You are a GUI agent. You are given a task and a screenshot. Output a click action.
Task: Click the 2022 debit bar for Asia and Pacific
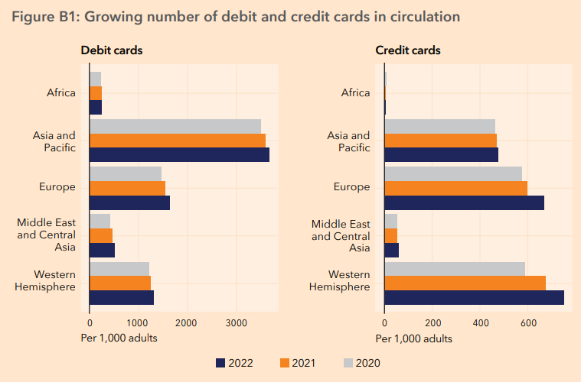(179, 155)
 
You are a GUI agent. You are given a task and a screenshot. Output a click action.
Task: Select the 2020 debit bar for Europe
(126, 173)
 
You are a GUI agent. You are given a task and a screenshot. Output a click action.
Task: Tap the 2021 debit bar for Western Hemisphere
(120, 283)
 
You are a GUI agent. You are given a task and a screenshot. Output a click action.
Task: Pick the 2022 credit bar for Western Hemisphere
(474, 297)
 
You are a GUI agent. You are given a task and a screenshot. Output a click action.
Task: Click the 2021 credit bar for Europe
(455, 188)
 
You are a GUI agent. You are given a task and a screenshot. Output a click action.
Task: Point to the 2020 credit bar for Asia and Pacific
(439, 126)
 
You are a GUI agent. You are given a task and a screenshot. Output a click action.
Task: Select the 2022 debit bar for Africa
(96, 107)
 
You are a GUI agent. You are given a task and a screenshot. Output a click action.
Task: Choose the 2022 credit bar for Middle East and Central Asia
(391, 250)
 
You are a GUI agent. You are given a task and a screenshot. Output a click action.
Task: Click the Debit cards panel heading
(112, 50)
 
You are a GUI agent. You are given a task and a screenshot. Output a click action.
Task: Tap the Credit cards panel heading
(407, 50)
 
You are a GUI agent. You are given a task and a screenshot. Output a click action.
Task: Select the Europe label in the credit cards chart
(351, 187)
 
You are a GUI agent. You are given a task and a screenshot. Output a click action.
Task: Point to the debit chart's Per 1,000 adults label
(119, 338)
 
